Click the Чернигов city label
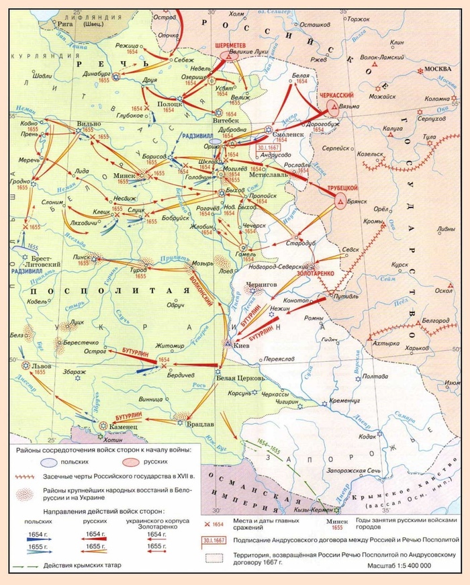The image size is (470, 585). pos(262,285)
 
